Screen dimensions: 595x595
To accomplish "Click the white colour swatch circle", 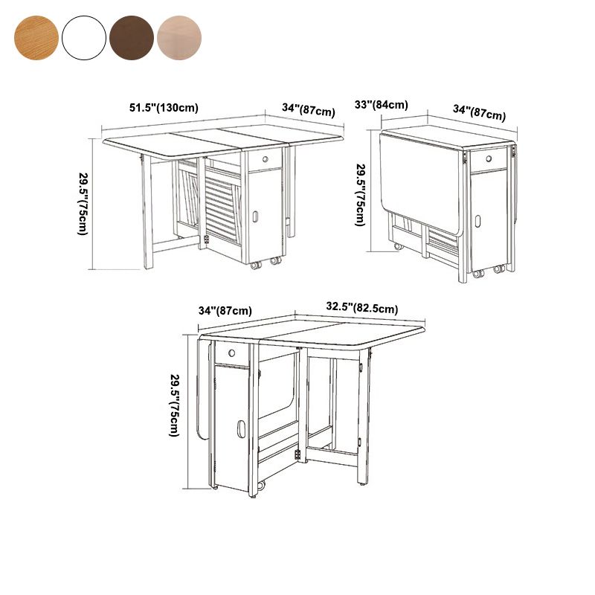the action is (84, 38).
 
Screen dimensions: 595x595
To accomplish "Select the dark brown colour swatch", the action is (132, 38).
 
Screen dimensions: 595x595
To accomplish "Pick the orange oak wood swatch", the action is (36, 38).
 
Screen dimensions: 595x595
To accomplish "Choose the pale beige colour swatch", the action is (179, 38).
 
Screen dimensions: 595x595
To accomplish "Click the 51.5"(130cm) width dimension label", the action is (164, 108).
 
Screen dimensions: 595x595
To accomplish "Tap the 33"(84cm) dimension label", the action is (381, 105).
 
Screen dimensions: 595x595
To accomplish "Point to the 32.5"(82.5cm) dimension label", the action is (362, 308).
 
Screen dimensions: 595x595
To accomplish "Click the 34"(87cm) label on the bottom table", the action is (225, 311).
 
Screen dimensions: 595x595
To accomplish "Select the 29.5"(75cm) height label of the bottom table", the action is (174, 405).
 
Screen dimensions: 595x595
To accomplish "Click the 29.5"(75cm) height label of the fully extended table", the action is (83, 204).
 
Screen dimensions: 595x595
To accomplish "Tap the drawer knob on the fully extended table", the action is (266, 159).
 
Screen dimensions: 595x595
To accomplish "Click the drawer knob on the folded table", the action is (489, 158).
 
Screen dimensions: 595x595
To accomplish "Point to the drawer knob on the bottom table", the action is (231, 353).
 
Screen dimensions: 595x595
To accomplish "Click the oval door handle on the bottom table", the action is (241, 428).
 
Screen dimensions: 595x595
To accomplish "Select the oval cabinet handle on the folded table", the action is (477, 221).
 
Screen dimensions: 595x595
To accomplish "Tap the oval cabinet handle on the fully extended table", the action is (255, 216).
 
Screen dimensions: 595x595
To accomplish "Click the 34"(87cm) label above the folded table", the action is (479, 112).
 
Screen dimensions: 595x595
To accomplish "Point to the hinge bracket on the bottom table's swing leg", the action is (297, 454).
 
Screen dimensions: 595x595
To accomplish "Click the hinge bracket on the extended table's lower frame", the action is (207, 239).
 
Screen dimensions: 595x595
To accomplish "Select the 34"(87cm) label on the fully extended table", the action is (309, 109).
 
